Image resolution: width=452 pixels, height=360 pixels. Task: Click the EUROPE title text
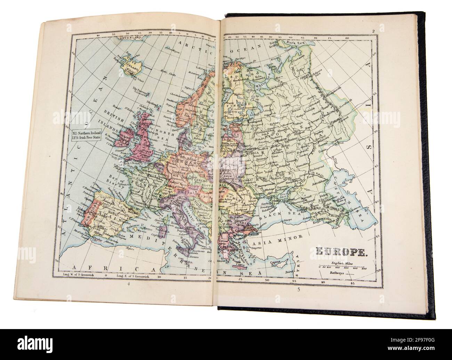pos(335,251)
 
